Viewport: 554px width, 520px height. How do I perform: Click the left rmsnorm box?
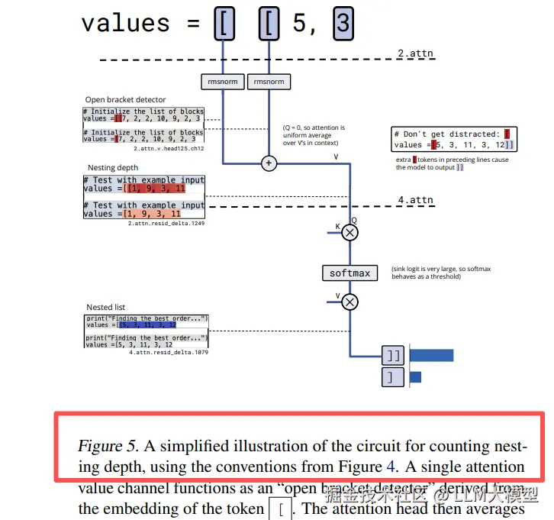pos(223,82)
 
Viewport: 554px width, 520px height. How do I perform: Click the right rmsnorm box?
pos(269,82)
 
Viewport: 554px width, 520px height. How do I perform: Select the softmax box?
pos(349,273)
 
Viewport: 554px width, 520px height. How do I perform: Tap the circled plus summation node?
pos(269,163)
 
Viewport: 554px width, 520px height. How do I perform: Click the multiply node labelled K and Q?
pos(349,233)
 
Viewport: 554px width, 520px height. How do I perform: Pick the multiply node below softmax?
pos(349,302)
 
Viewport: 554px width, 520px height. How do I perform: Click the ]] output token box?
pos(392,356)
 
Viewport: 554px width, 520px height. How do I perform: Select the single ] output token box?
pos(392,377)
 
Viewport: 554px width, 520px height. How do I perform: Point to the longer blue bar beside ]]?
pos(431,356)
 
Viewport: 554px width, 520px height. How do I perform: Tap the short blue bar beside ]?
pos(415,377)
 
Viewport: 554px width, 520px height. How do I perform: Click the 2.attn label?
pos(415,53)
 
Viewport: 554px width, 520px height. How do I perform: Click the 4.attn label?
pos(415,200)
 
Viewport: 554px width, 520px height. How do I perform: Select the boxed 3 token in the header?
pos(343,24)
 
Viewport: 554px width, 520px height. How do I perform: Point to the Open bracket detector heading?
pos(125,99)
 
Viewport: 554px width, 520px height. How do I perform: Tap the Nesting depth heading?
pos(113,167)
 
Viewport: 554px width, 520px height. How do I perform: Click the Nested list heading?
pos(105,307)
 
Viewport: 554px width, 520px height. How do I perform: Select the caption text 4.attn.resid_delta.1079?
pos(169,353)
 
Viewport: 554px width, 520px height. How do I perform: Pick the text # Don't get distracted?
pos(446,134)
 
